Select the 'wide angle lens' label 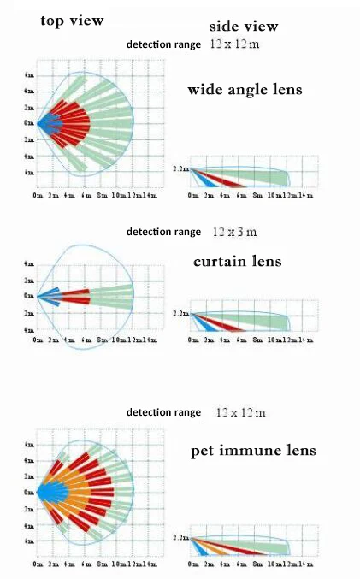[x=245, y=89]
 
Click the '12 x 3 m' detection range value [x=234, y=231]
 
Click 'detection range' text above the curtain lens [x=163, y=232]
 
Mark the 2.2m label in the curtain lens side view [x=180, y=313]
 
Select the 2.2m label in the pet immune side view [x=180, y=537]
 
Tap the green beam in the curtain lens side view [x=252, y=322]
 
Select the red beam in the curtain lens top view [x=75, y=296]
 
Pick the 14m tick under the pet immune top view [x=150, y=564]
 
